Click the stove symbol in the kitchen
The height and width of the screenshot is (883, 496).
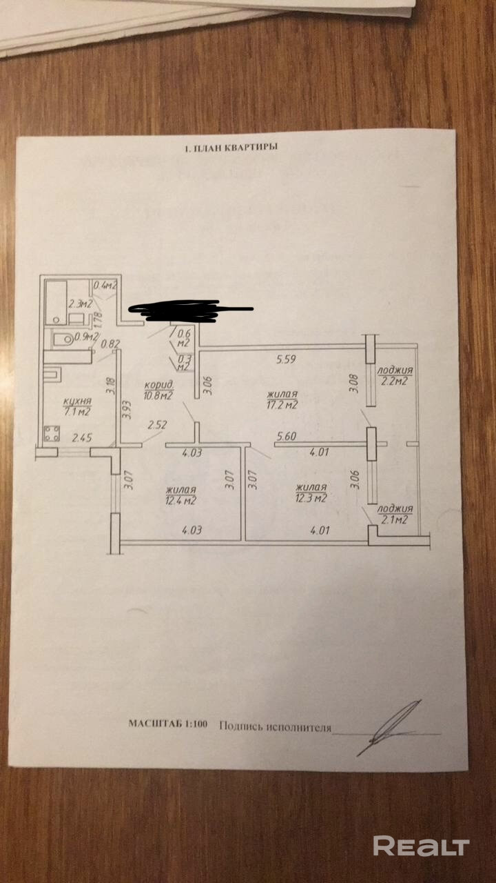(x=52, y=434)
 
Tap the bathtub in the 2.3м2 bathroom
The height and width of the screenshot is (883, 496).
(x=55, y=301)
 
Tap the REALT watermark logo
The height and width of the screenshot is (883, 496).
(x=421, y=846)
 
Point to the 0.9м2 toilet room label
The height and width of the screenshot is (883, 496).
(x=85, y=337)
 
